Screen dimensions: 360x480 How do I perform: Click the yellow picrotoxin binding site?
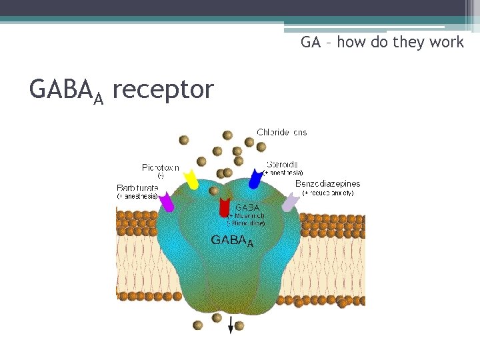191,180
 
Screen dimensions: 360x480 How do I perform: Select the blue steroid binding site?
255,179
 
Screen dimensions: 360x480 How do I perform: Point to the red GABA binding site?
225,207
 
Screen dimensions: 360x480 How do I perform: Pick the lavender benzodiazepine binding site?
289,203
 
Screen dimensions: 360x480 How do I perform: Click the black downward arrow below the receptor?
231,326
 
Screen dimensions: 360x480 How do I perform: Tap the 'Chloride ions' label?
282,132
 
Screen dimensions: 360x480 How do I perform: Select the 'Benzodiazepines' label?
327,183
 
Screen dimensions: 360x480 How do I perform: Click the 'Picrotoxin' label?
160,167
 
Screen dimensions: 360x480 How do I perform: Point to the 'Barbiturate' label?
137,188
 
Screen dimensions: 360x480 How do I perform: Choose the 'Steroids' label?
282,164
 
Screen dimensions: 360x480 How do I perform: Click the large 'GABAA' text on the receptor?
232,240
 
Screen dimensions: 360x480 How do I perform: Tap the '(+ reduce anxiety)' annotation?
328,193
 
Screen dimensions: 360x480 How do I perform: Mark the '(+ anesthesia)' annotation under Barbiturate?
137,197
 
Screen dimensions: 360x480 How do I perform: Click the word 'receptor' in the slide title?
163,89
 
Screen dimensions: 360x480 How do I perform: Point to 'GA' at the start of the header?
310,43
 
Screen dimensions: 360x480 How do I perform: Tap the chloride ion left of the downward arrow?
198,325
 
